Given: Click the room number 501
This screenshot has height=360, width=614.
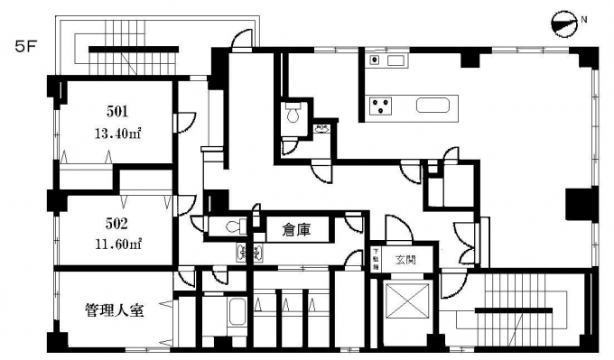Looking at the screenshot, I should pyautogui.click(x=116, y=113).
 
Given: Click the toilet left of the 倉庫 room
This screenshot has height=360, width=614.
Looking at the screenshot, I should pyautogui.click(x=231, y=226).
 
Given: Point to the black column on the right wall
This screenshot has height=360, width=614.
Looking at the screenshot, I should pyautogui.click(x=576, y=204).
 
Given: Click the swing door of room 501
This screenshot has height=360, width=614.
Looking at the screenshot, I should pyautogui.click(x=184, y=119).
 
